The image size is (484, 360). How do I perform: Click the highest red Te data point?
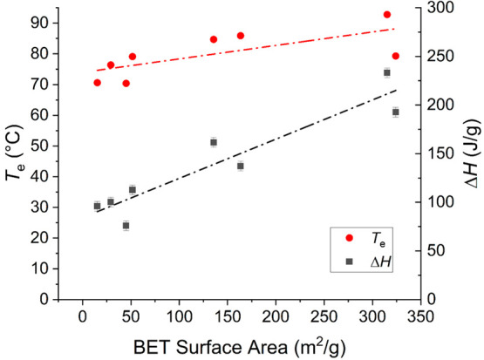pyautogui.click(x=387, y=15)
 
